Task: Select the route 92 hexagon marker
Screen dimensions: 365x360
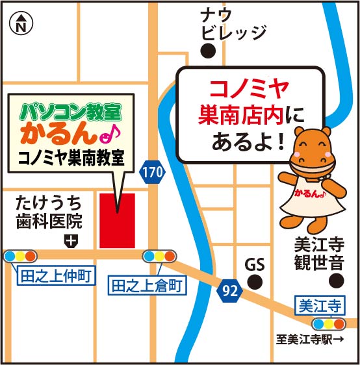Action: [x=228, y=290]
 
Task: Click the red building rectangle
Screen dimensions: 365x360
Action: [x=117, y=220]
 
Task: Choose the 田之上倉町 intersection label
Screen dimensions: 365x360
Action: [x=148, y=284]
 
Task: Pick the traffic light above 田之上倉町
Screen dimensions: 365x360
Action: [x=159, y=256]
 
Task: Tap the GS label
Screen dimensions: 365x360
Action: [x=255, y=265]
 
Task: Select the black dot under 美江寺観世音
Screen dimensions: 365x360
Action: [x=335, y=281]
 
